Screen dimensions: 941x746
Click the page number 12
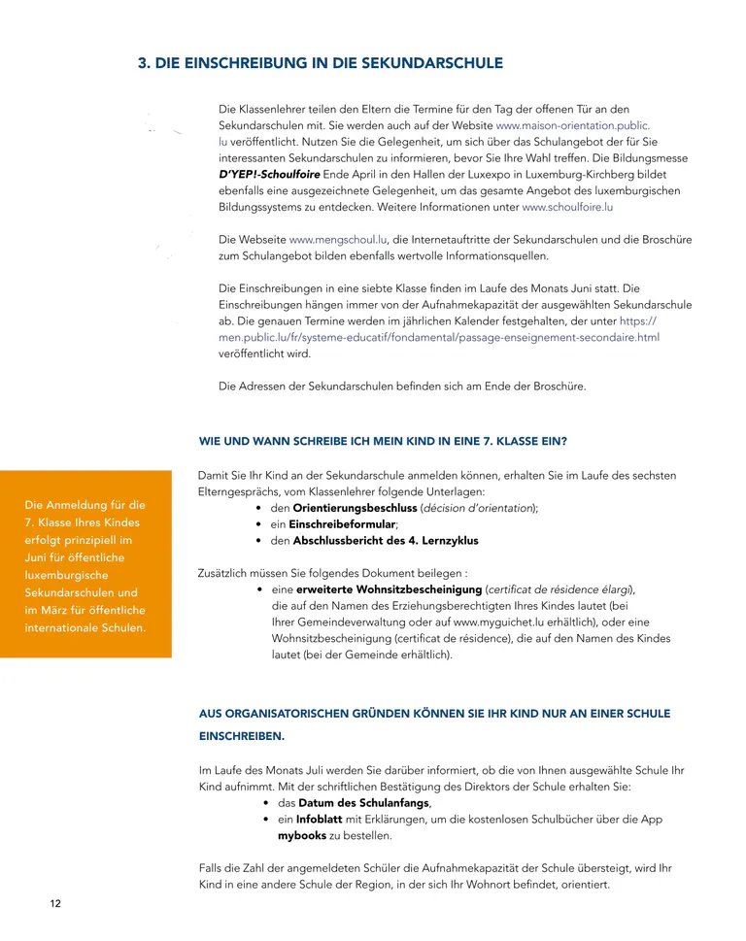55,904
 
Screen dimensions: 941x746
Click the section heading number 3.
144,64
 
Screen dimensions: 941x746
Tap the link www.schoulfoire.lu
567,207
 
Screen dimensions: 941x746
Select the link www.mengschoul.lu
339,240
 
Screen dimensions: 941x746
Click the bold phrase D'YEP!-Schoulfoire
269,175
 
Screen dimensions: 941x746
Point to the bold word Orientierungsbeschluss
356,508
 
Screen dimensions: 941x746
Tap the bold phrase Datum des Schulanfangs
363,803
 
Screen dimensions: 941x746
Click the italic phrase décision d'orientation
478,508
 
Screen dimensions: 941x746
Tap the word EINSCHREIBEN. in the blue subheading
242,736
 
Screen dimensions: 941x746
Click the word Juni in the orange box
40,557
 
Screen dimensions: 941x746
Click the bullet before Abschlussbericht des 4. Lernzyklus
258,541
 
